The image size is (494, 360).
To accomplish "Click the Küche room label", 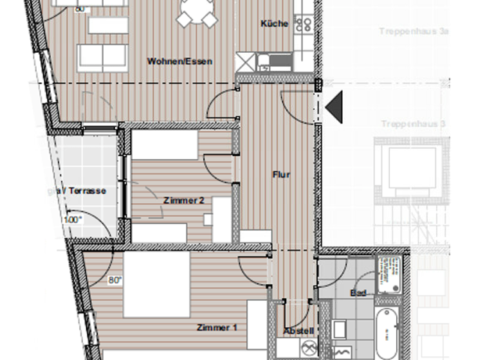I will tap(274, 24).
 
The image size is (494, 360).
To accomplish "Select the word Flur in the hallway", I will tap(281, 174).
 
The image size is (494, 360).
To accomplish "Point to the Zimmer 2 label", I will tap(183, 201).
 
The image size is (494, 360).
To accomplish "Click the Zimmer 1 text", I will tap(217, 327).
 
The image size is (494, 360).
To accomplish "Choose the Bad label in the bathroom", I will tap(358, 293).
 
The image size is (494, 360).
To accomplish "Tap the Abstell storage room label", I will tap(299, 331).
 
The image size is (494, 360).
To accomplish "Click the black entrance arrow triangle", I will tap(334, 106).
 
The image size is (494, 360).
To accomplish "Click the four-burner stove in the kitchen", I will tap(303, 24).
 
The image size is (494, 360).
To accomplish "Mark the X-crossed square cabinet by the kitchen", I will tap(246, 62).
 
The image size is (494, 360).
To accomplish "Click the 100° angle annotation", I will tap(73, 220).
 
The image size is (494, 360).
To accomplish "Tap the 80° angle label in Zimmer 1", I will tap(97, 280).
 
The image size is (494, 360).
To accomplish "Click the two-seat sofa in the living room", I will tap(103, 58).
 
